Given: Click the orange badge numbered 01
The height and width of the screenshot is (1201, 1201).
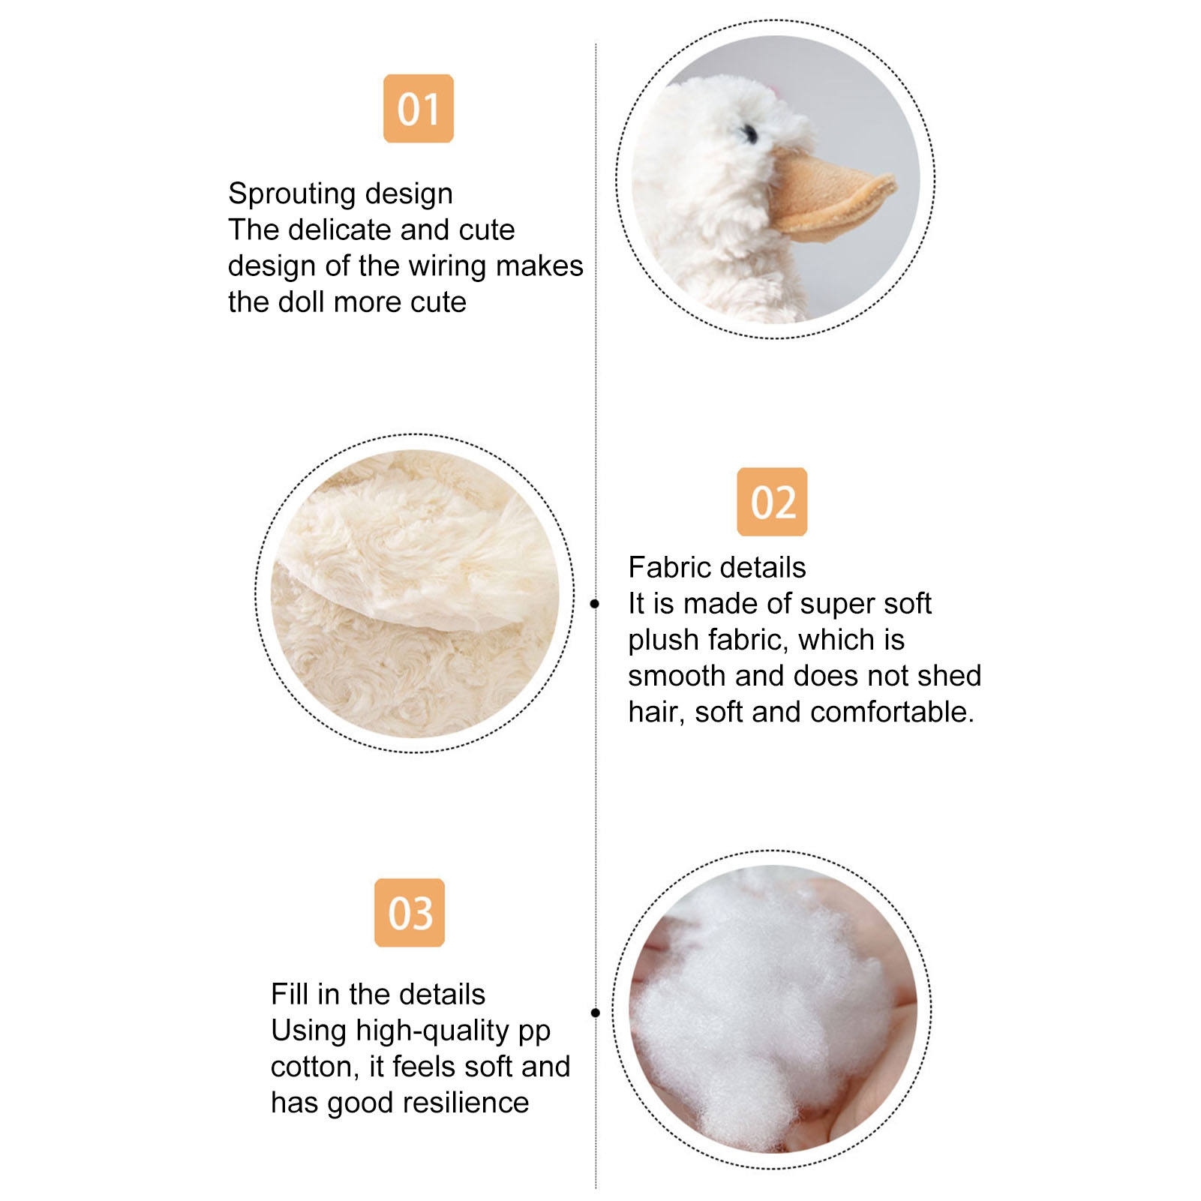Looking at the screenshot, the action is click(x=419, y=109).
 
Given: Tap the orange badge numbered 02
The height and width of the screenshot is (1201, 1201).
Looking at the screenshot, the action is click(x=772, y=502).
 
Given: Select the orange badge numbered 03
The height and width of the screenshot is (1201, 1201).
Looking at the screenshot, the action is click(x=410, y=913).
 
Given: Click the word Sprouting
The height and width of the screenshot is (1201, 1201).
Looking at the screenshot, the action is click(x=287, y=194).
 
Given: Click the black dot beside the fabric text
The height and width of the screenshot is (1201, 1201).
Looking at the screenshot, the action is click(x=595, y=604).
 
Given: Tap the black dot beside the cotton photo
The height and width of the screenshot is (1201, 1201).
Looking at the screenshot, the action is click(x=596, y=1013).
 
